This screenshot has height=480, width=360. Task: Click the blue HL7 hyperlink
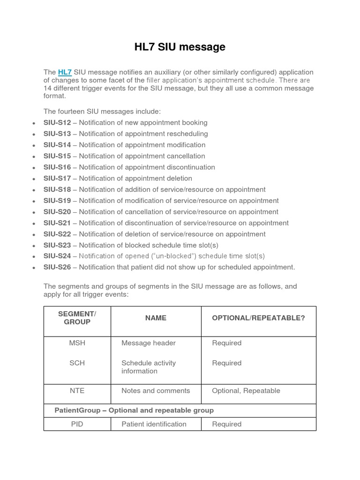(x=65, y=72)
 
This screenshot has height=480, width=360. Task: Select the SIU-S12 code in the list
(x=57, y=122)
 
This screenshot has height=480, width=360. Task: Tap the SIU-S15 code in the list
(x=57, y=156)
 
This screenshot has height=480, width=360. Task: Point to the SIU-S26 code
(x=57, y=267)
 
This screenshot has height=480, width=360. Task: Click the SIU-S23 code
(x=57, y=245)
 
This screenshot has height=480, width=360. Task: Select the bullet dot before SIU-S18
(x=34, y=190)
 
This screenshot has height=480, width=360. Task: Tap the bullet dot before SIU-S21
(x=34, y=224)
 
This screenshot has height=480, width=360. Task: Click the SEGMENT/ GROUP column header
(x=77, y=318)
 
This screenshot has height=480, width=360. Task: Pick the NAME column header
(x=156, y=318)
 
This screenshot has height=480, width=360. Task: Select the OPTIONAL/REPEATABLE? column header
(x=258, y=318)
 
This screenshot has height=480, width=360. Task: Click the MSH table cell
(x=77, y=343)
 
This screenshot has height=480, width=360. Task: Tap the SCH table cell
(x=77, y=363)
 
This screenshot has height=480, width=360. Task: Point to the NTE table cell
(x=77, y=390)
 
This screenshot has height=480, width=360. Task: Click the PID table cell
(x=77, y=424)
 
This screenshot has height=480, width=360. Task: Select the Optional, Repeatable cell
(x=246, y=390)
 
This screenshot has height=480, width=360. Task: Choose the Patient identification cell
(x=154, y=424)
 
